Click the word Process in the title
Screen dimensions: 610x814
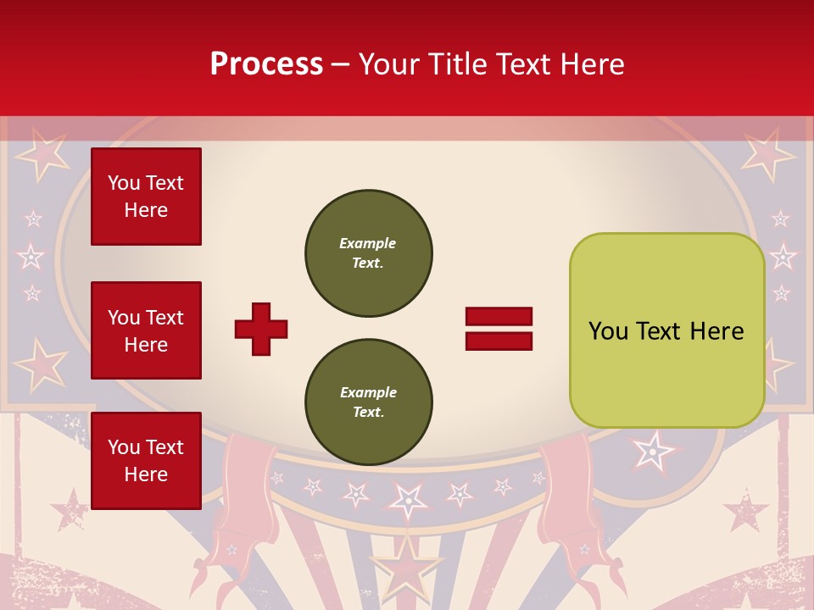(266, 64)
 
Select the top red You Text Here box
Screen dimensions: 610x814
(146, 197)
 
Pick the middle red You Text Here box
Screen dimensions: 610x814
(146, 330)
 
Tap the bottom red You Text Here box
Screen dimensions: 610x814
(146, 460)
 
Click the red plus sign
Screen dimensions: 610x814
(261, 329)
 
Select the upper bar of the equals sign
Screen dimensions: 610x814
(499, 316)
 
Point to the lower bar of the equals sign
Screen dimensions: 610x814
(499, 341)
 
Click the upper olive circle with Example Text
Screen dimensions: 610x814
(368, 253)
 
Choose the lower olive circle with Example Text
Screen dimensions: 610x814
(368, 402)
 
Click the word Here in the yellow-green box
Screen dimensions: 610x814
(716, 331)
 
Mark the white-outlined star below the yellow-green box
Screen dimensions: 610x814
(652, 452)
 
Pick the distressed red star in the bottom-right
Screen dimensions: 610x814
(744, 511)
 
